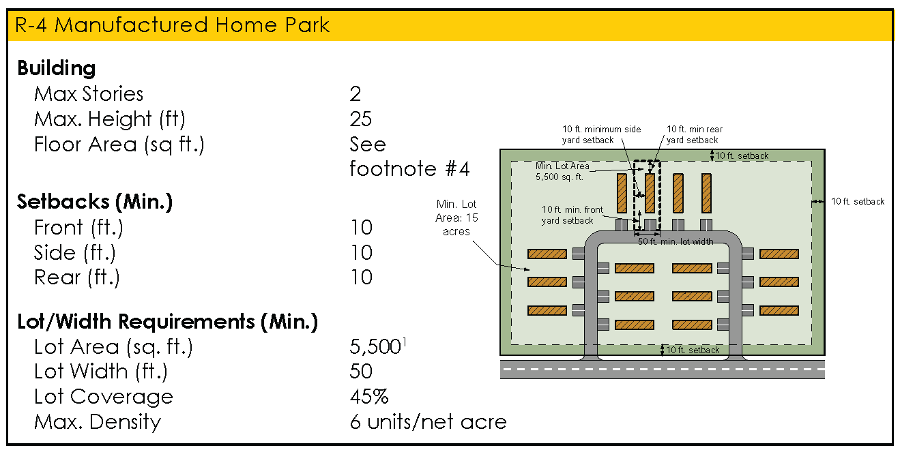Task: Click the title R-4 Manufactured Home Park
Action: (172, 25)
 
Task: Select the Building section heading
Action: (57, 68)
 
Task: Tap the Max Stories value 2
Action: (355, 94)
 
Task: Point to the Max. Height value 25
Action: (361, 119)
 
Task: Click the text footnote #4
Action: (409, 168)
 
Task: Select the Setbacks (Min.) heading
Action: (95, 202)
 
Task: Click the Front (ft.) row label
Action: (78, 227)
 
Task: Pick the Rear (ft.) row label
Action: (76, 277)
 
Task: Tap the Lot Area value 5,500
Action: (375, 347)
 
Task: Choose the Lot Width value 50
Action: (361, 372)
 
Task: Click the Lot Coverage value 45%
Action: (369, 397)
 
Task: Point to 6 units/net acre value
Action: (428, 422)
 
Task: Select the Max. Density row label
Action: (98, 422)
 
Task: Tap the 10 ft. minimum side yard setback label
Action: (587, 134)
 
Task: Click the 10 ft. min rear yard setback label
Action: (694, 134)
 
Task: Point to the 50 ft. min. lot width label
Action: (676, 241)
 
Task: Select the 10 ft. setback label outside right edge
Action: (858, 202)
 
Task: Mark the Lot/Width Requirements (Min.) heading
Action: (168, 321)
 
